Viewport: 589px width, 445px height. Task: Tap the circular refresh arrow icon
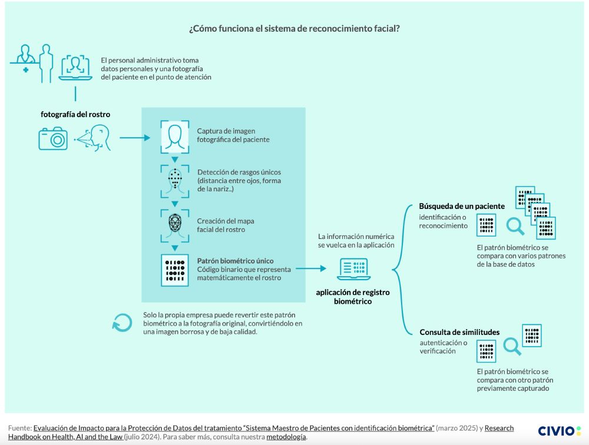[x=122, y=322]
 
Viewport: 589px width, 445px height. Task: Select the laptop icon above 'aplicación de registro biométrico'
[x=354, y=269]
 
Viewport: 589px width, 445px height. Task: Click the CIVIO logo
[x=559, y=431]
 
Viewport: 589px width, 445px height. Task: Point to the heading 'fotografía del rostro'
[x=75, y=114]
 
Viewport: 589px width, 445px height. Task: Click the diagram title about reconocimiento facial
[x=294, y=28]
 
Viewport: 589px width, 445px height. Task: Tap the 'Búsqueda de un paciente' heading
[x=462, y=207]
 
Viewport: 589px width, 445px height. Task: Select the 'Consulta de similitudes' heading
[x=459, y=332]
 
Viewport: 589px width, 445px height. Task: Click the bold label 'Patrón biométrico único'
[x=235, y=260]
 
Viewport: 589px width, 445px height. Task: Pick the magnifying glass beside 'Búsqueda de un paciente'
[x=517, y=225]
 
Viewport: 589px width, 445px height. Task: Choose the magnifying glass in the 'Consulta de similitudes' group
[x=512, y=347]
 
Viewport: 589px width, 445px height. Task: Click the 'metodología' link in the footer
[x=286, y=437]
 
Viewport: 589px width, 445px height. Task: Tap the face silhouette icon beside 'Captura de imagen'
[x=174, y=136]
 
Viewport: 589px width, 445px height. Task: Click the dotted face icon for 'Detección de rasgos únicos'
[x=174, y=180]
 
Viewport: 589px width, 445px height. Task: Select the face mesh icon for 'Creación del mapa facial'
[x=174, y=224]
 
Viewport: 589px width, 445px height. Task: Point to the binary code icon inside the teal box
[x=174, y=270]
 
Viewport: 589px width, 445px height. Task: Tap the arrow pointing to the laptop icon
[x=310, y=269]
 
